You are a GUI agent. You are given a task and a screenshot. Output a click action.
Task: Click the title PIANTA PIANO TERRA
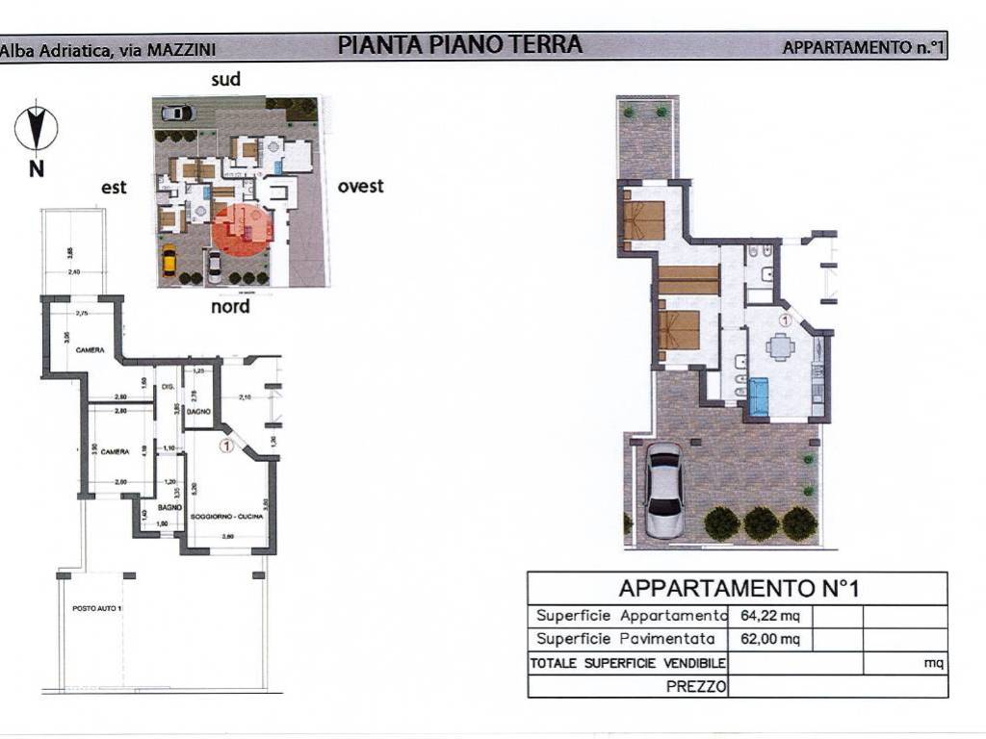459,44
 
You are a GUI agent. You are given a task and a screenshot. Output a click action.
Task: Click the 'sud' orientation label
226,80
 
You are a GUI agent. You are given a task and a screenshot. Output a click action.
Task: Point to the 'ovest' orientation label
360,186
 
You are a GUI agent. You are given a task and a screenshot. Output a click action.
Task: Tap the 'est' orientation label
115,189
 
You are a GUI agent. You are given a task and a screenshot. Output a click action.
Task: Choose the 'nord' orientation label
230,306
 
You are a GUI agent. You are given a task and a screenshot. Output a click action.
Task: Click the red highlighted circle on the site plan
243,229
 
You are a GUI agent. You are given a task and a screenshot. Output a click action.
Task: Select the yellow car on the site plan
169,260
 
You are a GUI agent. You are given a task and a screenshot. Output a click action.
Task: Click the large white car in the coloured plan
663,490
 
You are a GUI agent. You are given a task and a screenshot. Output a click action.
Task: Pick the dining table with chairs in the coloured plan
779,345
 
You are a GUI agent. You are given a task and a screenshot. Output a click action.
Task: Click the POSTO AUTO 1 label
98,609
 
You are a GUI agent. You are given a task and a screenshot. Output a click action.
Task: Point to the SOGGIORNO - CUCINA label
226,517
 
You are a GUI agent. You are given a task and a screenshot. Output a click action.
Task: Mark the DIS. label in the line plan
167,387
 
